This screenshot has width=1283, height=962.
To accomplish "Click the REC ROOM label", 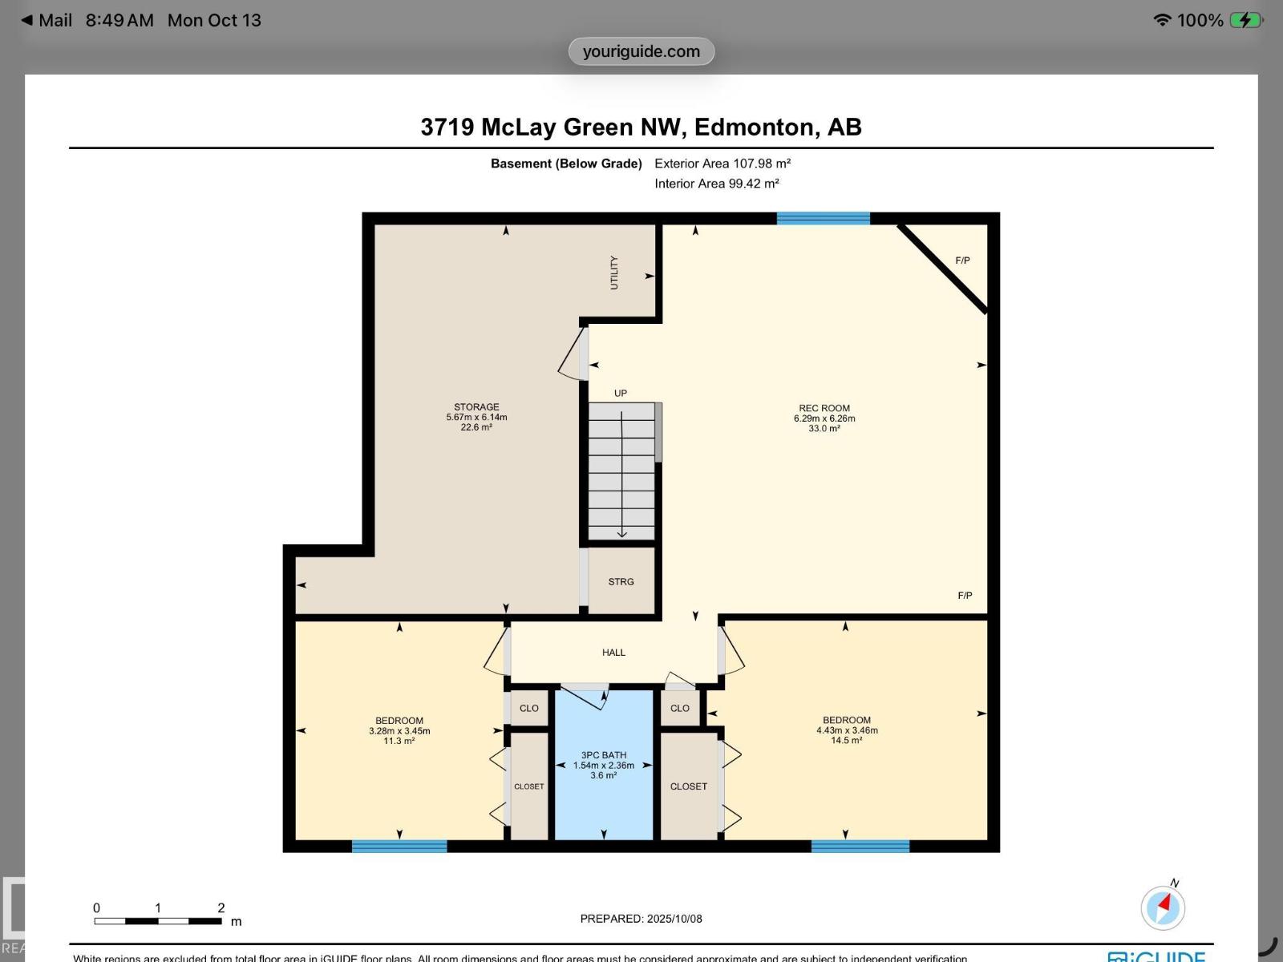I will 824,408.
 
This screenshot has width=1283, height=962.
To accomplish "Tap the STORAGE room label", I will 476,407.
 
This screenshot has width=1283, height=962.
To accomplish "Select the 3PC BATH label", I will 604,755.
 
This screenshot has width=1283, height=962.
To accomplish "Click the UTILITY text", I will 614,273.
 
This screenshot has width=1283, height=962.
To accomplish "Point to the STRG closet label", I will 621,582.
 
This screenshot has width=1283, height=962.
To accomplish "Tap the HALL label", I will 613,653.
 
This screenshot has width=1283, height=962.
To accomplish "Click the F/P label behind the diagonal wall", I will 962,261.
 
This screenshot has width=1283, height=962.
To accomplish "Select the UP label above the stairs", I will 621,394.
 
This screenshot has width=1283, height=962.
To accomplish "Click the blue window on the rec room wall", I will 823,218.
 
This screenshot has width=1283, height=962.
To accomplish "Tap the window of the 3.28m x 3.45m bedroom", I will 399,846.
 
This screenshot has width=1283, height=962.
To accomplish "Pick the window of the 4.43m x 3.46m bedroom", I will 860,846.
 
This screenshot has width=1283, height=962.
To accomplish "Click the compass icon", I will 1163,907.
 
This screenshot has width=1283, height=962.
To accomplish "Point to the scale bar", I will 158,921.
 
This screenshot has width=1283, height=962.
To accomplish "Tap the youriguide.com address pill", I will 641,51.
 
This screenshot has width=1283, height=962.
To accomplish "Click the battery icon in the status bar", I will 1245,20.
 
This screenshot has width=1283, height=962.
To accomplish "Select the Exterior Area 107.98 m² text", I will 722,164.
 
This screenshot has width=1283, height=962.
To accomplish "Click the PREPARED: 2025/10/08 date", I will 641,919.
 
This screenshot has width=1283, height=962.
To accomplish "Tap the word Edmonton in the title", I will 754,127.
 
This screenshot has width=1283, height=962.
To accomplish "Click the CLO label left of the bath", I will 529,709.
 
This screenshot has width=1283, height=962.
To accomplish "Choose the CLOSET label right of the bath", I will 689,786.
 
